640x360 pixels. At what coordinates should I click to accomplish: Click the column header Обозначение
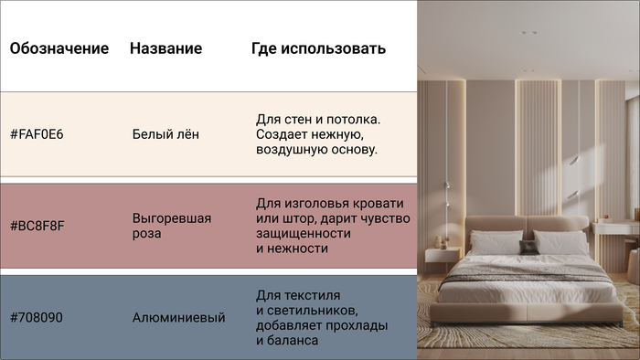59,48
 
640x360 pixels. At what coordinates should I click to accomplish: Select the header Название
165,48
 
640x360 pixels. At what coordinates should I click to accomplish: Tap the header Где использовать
318,48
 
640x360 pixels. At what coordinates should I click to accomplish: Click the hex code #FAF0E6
37,134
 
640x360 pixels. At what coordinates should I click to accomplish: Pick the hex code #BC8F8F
37,226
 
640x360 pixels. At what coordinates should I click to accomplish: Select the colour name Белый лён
165,134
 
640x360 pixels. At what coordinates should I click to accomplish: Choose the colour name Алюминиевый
178,317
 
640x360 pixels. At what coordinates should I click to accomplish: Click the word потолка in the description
353,120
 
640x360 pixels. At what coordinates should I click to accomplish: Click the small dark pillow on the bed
528,246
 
